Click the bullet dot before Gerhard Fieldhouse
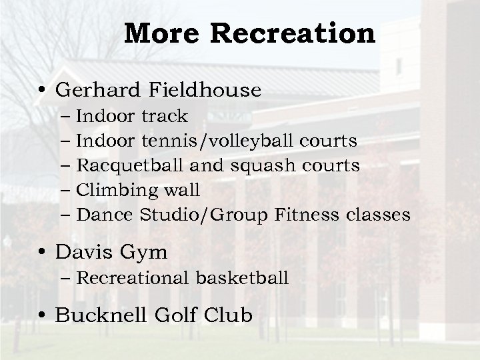point(45,91)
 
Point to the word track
point(165,117)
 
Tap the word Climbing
point(115,191)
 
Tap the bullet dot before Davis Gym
point(45,254)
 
